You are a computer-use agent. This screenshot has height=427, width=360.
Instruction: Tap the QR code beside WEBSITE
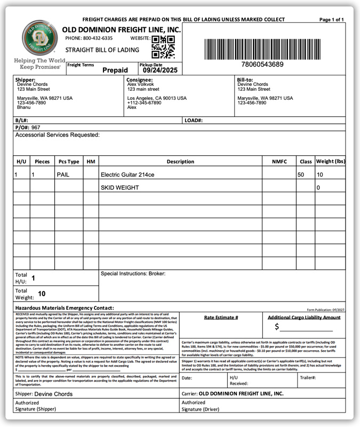(x=163, y=47)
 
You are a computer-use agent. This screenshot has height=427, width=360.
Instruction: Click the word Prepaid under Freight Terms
(x=115, y=70)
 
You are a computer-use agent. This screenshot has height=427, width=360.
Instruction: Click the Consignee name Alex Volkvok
(x=141, y=84)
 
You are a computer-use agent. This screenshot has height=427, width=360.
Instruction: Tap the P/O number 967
(x=36, y=128)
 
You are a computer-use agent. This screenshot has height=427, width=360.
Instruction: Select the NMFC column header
(x=279, y=161)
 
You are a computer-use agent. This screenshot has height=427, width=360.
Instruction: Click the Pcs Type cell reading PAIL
(x=63, y=175)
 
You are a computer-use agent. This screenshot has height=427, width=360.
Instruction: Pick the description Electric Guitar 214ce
(x=127, y=175)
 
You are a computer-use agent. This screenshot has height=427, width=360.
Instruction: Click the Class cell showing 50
(x=301, y=175)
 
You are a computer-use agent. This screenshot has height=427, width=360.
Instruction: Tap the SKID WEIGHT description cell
(x=119, y=188)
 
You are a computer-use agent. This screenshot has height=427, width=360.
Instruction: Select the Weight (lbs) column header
(x=331, y=161)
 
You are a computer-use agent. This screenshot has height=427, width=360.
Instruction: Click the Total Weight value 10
(x=42, y=294)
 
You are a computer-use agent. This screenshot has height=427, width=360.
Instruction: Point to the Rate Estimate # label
(x=221, y=317)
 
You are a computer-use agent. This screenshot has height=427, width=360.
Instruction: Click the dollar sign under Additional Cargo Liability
(x=277, y=327)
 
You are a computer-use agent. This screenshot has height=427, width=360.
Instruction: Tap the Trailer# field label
(x=307, y=377)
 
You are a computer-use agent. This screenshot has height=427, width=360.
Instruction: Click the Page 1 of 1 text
(x=331, y=19)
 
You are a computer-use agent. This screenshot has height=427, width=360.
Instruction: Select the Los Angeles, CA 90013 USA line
(x=157, y=98)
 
